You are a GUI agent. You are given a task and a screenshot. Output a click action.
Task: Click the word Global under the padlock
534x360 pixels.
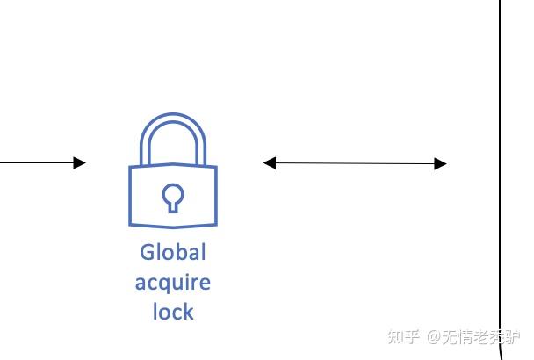click(172, 253)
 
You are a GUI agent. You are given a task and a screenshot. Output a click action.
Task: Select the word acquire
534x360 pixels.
click(172, 283)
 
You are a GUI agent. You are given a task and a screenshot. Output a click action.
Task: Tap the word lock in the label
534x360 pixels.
click(172, 311)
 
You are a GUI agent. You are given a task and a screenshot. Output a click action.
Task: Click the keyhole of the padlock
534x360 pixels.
click(172, 197)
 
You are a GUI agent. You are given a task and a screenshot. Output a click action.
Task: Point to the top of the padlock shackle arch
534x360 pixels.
click(173, 117)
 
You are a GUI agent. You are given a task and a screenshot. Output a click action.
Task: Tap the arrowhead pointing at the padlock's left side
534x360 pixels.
click(80, 162)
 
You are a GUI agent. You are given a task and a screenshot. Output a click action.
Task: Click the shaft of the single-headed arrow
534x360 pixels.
click(35, 162)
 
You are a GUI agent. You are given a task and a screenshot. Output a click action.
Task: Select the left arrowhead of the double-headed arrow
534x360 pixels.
click(270, 162)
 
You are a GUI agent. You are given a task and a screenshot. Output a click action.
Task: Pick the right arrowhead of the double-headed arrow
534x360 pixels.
click(441, 163)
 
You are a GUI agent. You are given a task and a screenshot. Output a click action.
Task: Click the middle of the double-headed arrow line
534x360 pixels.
click(355, 163)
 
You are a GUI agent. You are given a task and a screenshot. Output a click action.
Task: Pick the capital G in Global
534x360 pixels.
click(148, 253)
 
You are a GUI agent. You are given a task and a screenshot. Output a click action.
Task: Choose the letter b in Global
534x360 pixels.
click(181, 253)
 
